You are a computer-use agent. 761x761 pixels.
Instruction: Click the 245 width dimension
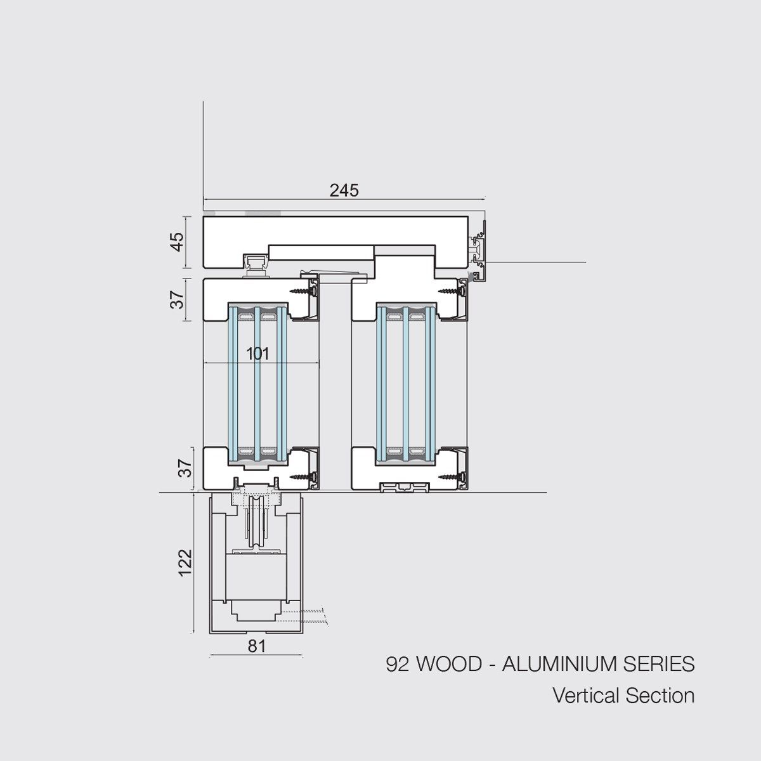pyautogui.click(x=344, y=191)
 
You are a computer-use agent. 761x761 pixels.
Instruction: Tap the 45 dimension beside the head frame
pyautogui.click(x=178, y=242)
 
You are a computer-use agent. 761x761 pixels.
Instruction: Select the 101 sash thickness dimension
pyautogui.click(x=257, y=353)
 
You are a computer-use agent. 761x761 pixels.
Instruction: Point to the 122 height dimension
pyautogui.click(x=185, y=563)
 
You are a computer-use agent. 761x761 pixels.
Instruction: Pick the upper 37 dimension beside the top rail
pyautogui.click(x=178, y=299)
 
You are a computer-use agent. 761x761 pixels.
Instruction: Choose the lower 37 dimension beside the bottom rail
pyautogui.click(x=185, y=467)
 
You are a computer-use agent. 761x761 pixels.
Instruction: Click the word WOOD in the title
pyautogui.click(x=450, y=663)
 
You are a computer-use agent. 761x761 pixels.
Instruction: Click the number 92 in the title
pyautogui.click(x=398, y=663)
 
